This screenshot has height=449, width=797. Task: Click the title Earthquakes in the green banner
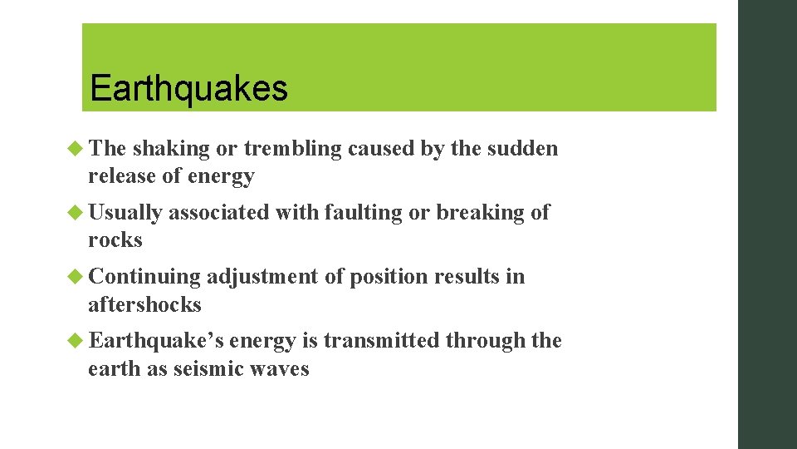coord(188,88)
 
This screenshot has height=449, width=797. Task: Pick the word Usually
coord(125,213)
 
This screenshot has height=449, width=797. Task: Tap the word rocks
coord(115,240)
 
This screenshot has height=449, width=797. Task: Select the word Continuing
coord(144,276)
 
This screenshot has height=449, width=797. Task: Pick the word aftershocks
coord(145,304)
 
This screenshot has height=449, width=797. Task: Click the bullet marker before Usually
coord(77,213)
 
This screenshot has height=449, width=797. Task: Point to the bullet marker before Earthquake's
coord(77,341)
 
